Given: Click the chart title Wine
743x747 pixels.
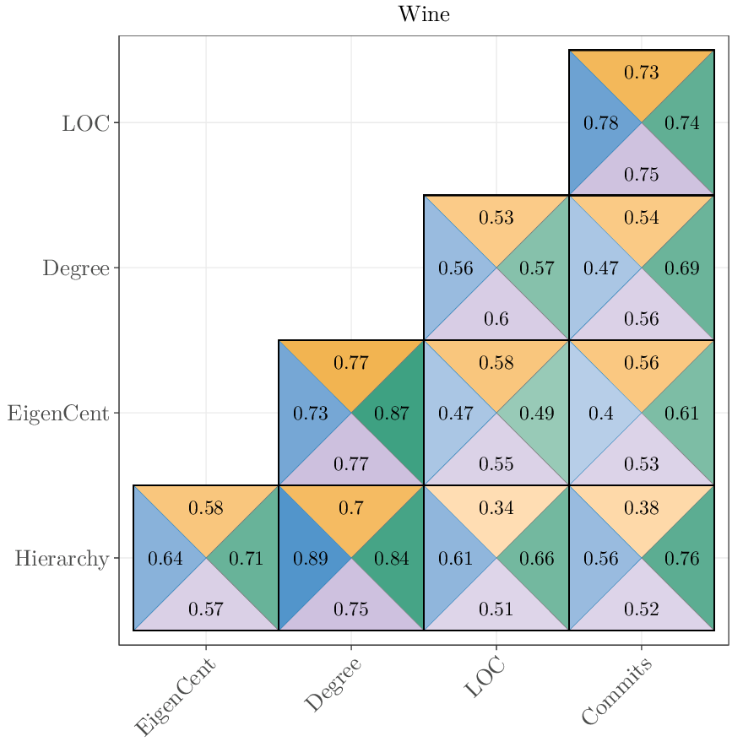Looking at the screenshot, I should pos(424,14).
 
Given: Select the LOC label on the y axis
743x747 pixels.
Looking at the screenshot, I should pos(85,123).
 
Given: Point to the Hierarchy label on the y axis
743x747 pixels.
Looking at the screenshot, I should pos(62,559).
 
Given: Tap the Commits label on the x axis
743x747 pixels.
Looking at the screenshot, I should pos(617,691).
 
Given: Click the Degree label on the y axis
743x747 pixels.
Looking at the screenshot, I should pos(76,268).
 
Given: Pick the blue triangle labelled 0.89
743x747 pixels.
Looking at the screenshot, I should pos(310,559).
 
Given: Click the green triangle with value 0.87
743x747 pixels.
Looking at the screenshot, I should pos(392,414).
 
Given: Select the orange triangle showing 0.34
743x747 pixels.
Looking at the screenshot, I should pos(496,508).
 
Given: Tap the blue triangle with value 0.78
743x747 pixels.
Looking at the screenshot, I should pos(601,123).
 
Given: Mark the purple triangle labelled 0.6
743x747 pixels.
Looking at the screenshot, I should pos(496,319).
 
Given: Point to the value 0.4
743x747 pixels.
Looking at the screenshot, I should pos(601,414).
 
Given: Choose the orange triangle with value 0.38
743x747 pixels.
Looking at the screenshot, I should pos(642,508).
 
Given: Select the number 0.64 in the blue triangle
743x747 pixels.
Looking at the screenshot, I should pos(165,559).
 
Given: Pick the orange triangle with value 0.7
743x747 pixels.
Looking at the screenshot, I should pos(351,508).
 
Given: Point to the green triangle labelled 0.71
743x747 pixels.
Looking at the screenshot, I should pos(247,559).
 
